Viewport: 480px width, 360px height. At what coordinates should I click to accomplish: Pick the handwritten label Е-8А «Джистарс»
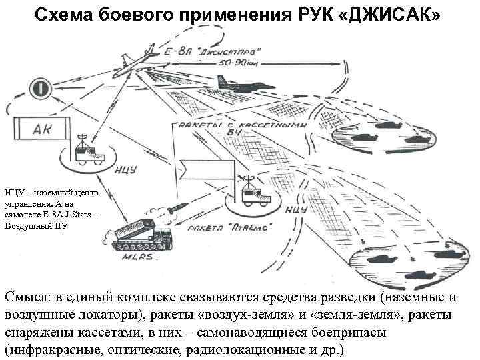[x=217, y=51]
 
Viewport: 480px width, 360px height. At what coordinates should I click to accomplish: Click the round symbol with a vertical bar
[x=38, y=88]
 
